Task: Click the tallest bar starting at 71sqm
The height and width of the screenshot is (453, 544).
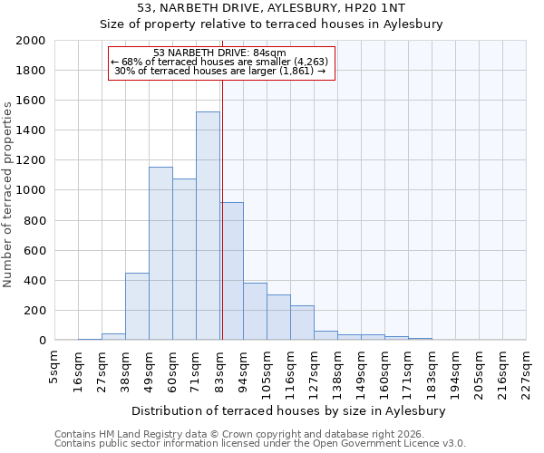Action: click(x=208, y=226)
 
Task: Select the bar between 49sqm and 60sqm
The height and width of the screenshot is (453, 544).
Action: click(x=160, y=254)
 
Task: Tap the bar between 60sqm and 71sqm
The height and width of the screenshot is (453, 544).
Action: click(x=184, y=259)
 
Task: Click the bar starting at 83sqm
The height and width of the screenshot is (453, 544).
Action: click(x=231, y=271)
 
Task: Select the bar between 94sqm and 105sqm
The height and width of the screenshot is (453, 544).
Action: click(x=255, y=312)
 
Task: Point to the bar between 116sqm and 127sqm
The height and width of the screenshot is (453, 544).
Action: click(x=302, y=323)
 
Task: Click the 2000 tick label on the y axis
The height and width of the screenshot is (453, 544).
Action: click(x=30, y=41)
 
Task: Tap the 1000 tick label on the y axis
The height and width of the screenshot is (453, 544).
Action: click(x=30, y=191)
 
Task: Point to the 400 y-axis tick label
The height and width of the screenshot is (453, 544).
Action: click(x=34, y=281)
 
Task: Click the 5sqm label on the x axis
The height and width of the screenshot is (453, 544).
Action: click(x=54, y=366)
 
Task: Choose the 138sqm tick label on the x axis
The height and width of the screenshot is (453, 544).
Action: click(x=337, y=371)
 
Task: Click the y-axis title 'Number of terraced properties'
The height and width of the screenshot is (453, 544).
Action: click(x=8, y=194)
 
